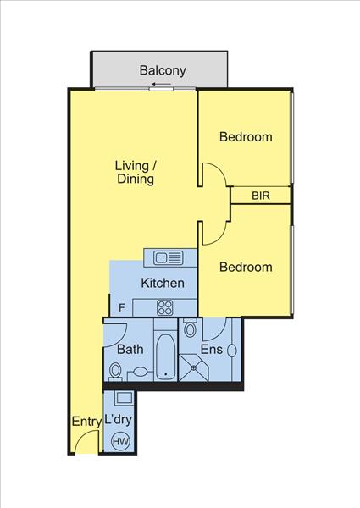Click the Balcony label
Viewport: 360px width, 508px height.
pos(163,70)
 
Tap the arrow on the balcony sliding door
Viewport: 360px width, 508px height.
pos(161,85)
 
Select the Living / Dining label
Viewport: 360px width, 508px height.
pos(136,172)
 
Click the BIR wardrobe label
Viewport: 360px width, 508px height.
pos(261,196)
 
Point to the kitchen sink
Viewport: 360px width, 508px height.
pos(168,258)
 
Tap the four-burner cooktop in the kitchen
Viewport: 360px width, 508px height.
pos(165,308)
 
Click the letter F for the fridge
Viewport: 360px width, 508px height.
pos(121,307)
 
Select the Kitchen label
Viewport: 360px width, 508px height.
pos(163,283)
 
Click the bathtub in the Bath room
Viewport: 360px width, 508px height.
pos(165,357)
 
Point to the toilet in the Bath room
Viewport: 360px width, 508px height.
pos(114,372)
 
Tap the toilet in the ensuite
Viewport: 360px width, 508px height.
pos(190,329)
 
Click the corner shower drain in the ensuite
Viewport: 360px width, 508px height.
pos(193,367)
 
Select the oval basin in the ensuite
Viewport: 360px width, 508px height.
pos(232,351)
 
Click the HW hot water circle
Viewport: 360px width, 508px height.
pos(120,441)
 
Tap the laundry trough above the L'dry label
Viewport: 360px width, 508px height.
pos(125,398)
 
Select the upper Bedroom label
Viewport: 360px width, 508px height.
pos(246,136)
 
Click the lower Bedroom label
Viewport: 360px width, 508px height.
pos(246,267)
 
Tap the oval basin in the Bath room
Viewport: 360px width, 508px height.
pos(140,372)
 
